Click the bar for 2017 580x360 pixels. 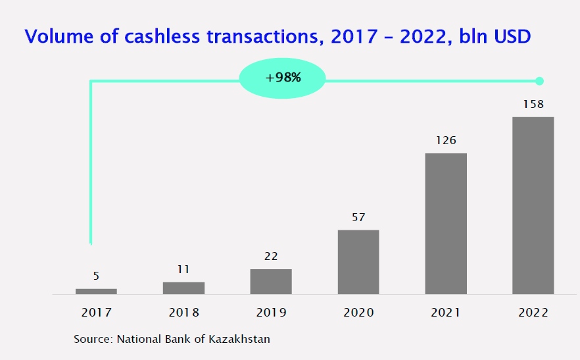[x=96, y=292]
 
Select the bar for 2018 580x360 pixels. [x=183, y=288]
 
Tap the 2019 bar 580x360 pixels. [x=271, y=282]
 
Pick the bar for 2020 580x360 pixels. [x=358, y=262]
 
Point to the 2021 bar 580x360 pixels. [x=446, y=224]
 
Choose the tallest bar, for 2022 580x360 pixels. [x=533, y=205]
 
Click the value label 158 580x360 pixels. [x=533, y=105]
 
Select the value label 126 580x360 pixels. [x=446, y=140]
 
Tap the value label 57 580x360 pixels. [x=358, y=217]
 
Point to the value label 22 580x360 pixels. [x=271, y=256]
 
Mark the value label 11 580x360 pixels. [x=183, y=269]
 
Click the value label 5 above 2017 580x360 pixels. [x=96, y=276]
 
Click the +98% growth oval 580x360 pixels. [x=283, y=78]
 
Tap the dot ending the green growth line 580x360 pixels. [x=540, y=81]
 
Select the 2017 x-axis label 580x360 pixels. [x=96, y=313]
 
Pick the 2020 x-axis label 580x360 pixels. [x=358, y=313]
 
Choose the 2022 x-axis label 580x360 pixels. [x=533, y=313]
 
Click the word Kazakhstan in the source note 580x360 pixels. [x=239, y=339]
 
